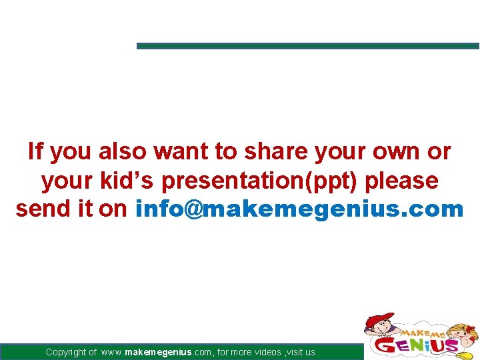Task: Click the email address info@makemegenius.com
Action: pos(299,209)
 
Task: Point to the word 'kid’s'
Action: pos(131,181)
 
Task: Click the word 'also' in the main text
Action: pos(123,152)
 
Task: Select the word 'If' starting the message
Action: pos(35,152)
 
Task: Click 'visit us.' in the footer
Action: pos(303,352)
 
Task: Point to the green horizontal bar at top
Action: pos(307,46)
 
